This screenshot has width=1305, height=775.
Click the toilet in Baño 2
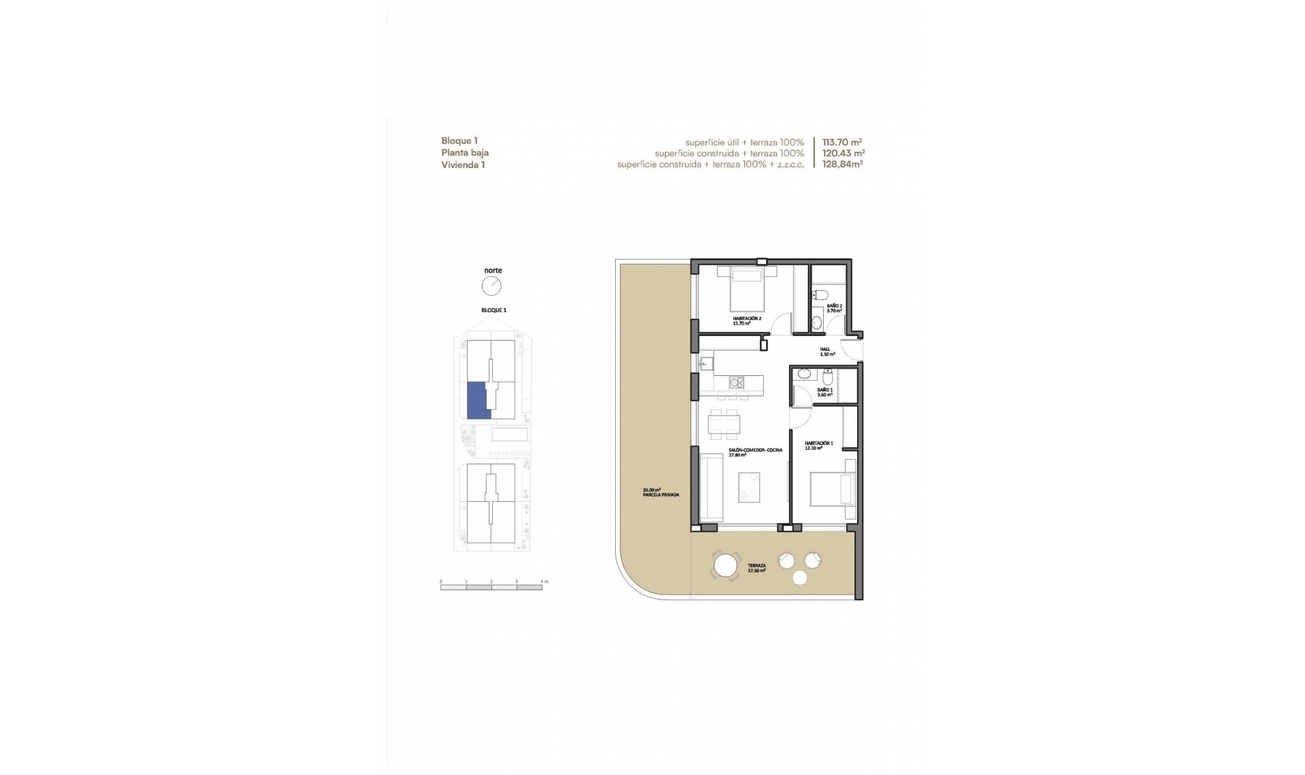[x=821, y=295]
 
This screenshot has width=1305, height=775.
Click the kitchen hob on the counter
[x=736, y=383]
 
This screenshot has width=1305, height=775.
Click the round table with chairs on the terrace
[x=725, y=566]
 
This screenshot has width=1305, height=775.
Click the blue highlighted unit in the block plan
[x=478, y=400]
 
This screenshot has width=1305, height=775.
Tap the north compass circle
[x=491, y=286]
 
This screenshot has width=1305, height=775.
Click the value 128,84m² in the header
[x=842, y=165]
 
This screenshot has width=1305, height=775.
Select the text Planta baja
[x=465, y=153]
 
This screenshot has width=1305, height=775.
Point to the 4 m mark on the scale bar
[x=542, y=583]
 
